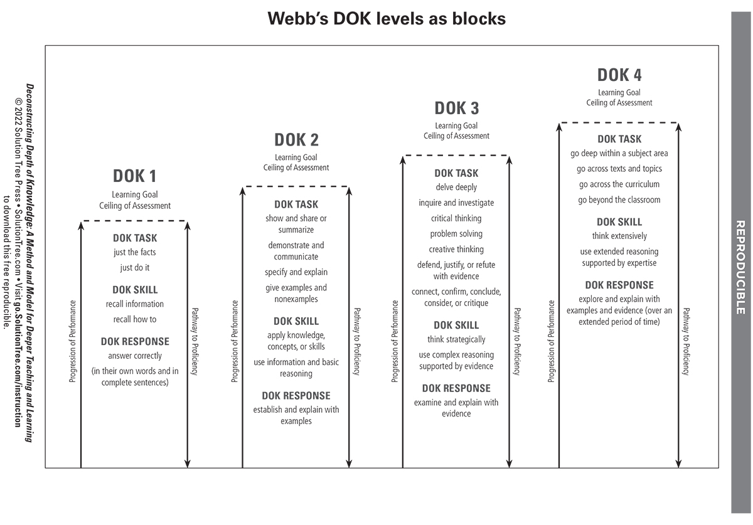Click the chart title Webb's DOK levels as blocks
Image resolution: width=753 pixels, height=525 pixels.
click(x=387, y=19)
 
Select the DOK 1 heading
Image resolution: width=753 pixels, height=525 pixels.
click(x=134, y=176)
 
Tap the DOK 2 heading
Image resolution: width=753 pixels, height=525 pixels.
click(x=296, y=140)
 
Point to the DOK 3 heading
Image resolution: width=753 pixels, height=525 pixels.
click(x=456, y=109)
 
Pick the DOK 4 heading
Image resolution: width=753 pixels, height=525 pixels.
click(x=619, y=75)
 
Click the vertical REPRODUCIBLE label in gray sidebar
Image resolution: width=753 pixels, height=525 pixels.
click(x=740, y=267)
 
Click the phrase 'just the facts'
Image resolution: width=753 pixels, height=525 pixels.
click(x=134, y=252)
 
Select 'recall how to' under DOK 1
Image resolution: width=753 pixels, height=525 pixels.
click(x=134, y=319)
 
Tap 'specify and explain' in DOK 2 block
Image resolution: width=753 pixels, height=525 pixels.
click(x=296, y=272)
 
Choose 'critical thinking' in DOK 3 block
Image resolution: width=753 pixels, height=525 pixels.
click(x=456, y=218)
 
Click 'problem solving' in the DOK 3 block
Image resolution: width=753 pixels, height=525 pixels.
click(x=456, y=234)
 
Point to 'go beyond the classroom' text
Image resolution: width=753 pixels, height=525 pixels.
click(x=619, y=200)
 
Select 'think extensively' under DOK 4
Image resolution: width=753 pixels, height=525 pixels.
click(x=619, y=236)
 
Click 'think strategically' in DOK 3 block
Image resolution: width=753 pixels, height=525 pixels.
click(x=456, y=339)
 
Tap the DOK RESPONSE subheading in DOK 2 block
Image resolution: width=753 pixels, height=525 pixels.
click(x=296, y=396)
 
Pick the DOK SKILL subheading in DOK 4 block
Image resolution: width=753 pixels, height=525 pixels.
click(x=619, y=222)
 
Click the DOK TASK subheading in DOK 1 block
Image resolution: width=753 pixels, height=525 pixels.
click(x=134, y=238)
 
